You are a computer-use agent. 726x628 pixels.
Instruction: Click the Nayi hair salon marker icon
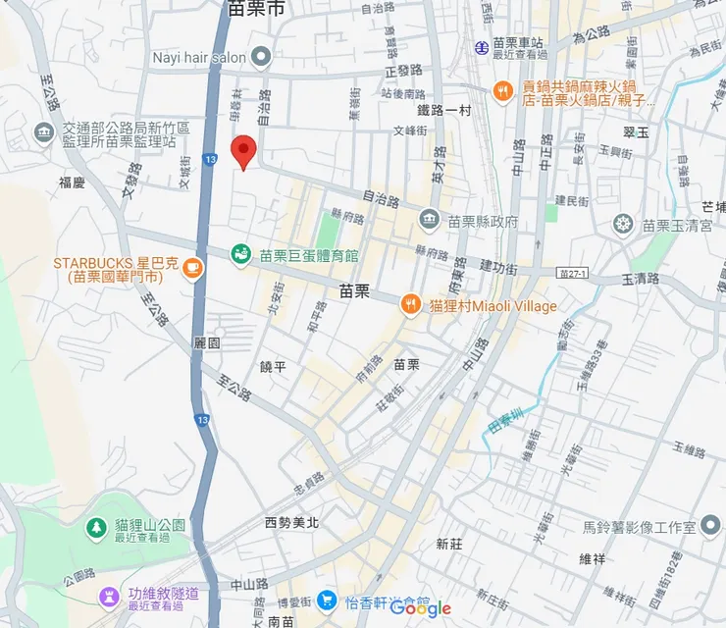point(260,57)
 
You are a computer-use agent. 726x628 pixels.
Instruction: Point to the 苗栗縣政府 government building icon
point(429,220)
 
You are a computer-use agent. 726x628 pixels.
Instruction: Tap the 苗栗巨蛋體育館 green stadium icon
point(240,255)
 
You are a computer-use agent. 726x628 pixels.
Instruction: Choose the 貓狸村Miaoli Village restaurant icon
point(411,305)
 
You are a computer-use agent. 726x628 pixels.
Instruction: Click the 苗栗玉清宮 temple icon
point(622,225)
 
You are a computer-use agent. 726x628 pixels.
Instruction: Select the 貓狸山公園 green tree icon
point(96,528)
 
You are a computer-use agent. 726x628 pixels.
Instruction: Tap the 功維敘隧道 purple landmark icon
point(109,596)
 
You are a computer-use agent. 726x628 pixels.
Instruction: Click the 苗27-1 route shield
point(572,272)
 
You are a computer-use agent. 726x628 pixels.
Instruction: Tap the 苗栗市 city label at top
point(256,9)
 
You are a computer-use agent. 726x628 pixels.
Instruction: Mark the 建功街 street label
point(499,266)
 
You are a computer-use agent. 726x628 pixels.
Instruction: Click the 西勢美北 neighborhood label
point(291,523)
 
